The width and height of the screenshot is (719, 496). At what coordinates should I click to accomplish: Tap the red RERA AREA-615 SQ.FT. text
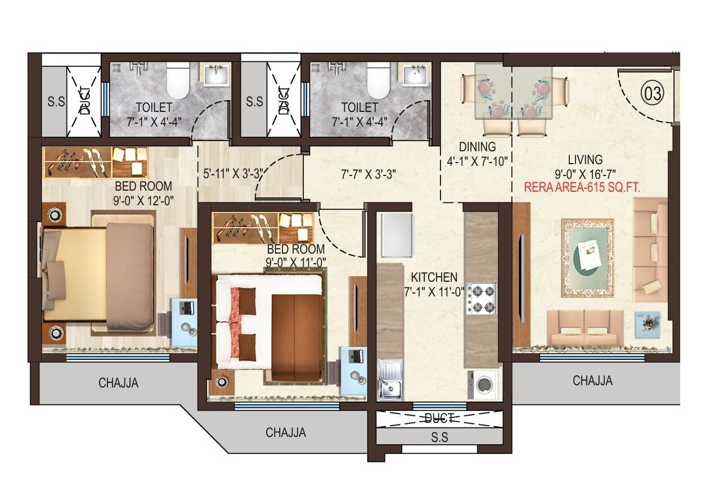pos(582,188)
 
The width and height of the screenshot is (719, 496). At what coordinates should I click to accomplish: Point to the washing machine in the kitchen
pos(483,385)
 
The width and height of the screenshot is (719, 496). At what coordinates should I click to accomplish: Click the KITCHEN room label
pos(434,277)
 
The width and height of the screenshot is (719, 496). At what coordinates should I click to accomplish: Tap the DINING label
pos(477,147)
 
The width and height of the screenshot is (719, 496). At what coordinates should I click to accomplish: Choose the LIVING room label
pos(585,160)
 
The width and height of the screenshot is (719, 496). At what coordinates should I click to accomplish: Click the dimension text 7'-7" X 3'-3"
pos(369,174)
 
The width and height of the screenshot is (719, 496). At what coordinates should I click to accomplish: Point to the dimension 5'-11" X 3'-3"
pos(233,174)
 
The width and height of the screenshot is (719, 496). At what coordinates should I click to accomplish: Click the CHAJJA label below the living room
pos(592,381)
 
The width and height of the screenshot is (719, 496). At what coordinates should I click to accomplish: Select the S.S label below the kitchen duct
pos(439,438)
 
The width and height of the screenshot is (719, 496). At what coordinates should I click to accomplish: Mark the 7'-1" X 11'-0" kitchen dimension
pos(434,291)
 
